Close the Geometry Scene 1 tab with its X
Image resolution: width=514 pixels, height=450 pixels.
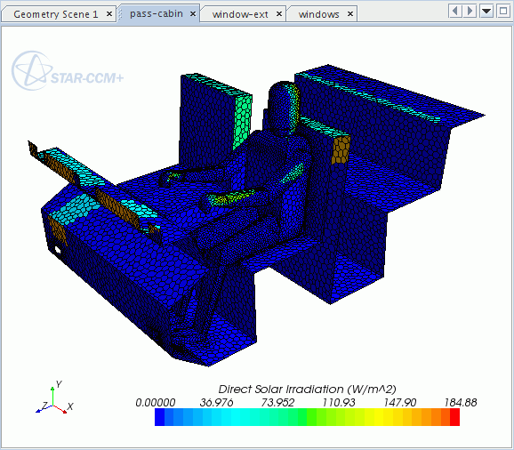[x=109, y=14]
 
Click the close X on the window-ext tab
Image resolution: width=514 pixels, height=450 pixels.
[x=279, y=14]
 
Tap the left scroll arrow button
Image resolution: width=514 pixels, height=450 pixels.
[x=455, y=11]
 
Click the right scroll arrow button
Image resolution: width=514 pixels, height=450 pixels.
[x=470, y=11]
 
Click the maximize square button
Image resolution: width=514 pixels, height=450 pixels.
[x=503, y=11]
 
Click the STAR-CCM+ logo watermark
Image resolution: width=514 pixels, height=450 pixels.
[x=68, y=71]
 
